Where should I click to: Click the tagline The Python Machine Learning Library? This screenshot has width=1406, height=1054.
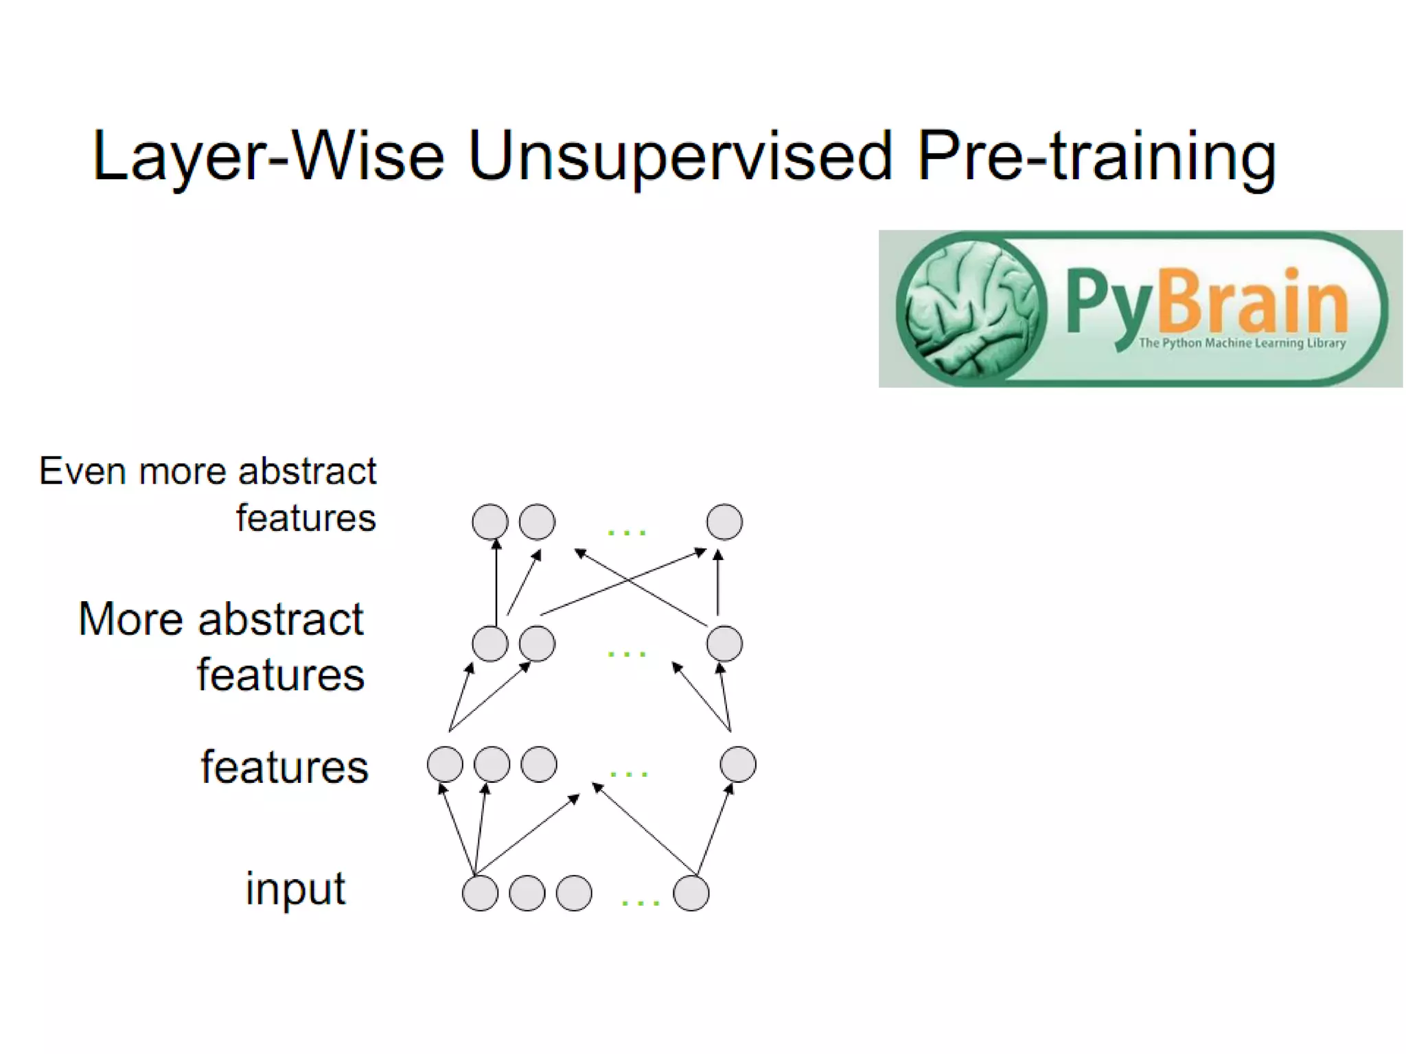pyautogui.click(x=1242, y=343)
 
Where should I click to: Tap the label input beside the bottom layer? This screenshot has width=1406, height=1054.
pyautogui.click(x=296, y=889)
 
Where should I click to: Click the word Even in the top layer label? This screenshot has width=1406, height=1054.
pyautogui.click(x=82, y=472)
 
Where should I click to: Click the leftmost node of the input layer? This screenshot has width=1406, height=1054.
pyautogui.click(x=480, y=893)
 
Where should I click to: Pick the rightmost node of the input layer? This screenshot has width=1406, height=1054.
pyautogui.click(x=691, y=893)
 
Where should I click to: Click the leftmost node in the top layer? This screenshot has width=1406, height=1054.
pyautogui.click(x=490, y=522)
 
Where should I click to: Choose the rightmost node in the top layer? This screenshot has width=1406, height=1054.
pyautogui.click(x=724, y=522)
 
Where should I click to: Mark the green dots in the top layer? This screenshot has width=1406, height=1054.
pyautogui.click(x=627, y=532)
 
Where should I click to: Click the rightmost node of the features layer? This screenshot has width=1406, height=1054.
pyautogui.click(x=738, y=764)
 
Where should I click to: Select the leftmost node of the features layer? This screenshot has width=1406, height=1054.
pyautogui.click(x=445, y=764)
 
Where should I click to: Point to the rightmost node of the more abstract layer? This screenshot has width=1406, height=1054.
pyautogui.click(x=724, y=644)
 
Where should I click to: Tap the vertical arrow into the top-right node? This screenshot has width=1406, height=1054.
pyautogui.click(x=718, y=583)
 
